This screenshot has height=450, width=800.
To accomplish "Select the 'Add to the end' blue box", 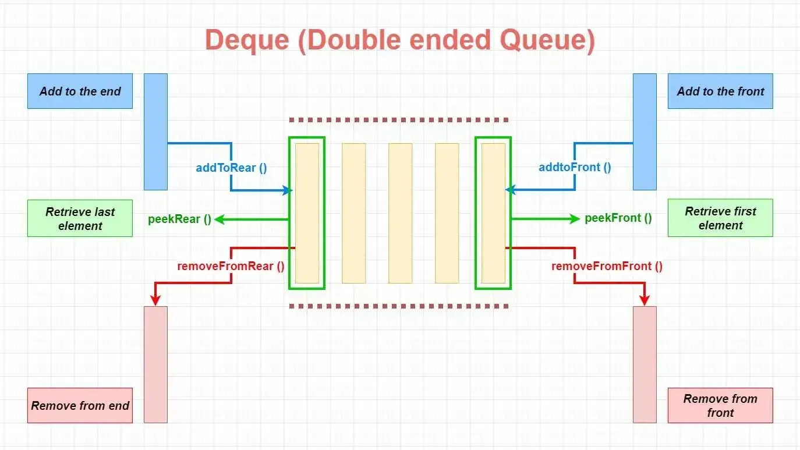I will point(80,91).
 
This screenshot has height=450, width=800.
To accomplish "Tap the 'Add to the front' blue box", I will point(720,91).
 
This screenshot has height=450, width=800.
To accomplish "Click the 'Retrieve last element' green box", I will point(80,218).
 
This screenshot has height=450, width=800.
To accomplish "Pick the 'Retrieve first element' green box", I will point(720,218).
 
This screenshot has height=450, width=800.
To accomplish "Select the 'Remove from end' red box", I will point(80,405).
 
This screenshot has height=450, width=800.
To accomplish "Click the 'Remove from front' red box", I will point(720,405).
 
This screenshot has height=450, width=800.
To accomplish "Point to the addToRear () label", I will point(231,168).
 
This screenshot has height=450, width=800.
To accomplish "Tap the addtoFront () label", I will point(575,167).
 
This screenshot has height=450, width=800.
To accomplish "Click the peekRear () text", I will point(179,219).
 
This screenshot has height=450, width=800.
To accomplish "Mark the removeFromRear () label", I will point(231,266).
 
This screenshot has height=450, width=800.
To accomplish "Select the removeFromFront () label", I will point(607,266).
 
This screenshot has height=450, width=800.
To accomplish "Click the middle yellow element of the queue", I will point(400,213).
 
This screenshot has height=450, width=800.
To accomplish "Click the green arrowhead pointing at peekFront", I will point(575,218).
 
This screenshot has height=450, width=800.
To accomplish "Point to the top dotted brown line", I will point(400,121).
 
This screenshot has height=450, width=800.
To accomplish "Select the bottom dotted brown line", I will point(400,306).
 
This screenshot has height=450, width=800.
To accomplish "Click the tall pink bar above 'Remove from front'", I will point(645,364).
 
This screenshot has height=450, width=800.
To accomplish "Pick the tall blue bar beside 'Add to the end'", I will point(155,132).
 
